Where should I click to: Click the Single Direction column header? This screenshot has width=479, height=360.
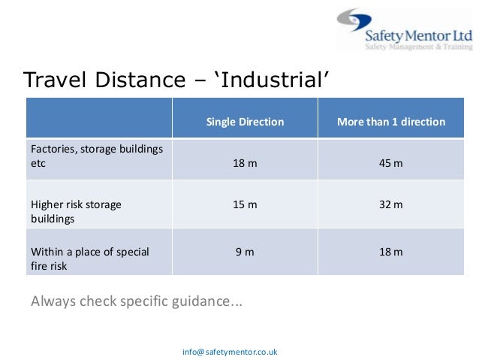245,122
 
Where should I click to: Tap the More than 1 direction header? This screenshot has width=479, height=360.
391,122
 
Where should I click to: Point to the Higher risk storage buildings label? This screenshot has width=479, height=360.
75,210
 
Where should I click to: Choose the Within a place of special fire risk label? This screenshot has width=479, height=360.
89,259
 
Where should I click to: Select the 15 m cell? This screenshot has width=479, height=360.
245,204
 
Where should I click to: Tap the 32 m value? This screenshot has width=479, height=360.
391,204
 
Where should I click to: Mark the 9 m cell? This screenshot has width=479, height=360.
245,252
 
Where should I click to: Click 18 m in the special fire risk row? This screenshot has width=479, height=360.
391,252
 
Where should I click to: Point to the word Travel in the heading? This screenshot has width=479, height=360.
55,80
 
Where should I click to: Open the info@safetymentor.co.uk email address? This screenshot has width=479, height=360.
230,351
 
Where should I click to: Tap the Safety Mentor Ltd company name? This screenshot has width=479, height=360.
417,35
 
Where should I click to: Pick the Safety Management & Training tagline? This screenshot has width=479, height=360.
417,47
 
